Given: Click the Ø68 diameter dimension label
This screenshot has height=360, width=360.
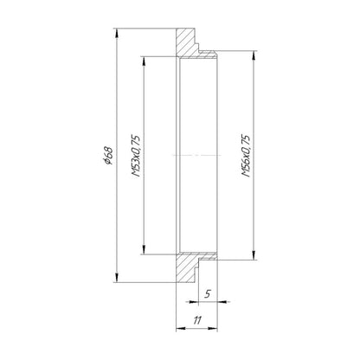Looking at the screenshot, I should [108, 154].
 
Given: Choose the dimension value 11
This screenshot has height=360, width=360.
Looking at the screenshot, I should [197, 319].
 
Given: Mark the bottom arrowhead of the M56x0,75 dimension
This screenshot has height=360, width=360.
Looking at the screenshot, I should [254, 256].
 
